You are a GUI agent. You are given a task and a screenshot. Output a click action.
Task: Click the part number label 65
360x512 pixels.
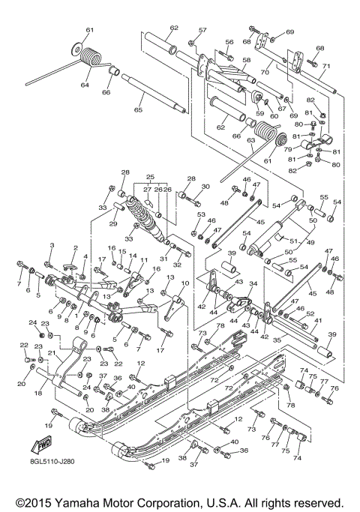pyautogui.click(x=137, y=109)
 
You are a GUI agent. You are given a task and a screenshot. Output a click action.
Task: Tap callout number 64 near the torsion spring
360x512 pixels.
pyautogui.click(x=85, y=86)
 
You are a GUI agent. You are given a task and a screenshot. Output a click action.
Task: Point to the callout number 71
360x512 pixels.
pyautogui.click(x=326, y=64)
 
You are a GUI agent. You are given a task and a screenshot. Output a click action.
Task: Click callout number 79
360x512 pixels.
pyautogui.click(x=287, y=149)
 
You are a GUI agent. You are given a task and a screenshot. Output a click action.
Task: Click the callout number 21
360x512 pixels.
pyautogui.click(x=50, y=353)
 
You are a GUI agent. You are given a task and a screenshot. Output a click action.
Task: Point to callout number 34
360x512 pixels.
pyautogui.click(x=253, y=283)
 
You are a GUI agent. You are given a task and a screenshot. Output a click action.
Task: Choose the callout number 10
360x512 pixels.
pyautogui.click(x=185, y=283)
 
